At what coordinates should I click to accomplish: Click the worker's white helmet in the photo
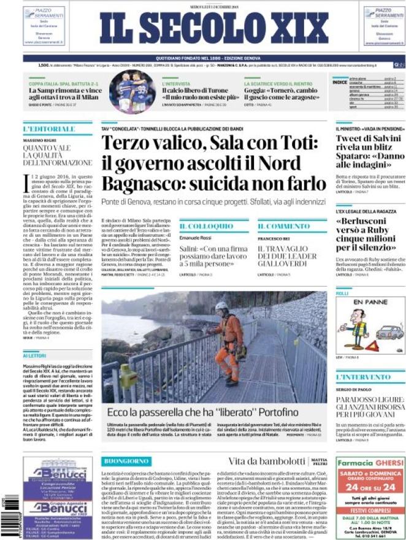[221, 306]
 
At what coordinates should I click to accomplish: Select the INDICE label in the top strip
[340, 82]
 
